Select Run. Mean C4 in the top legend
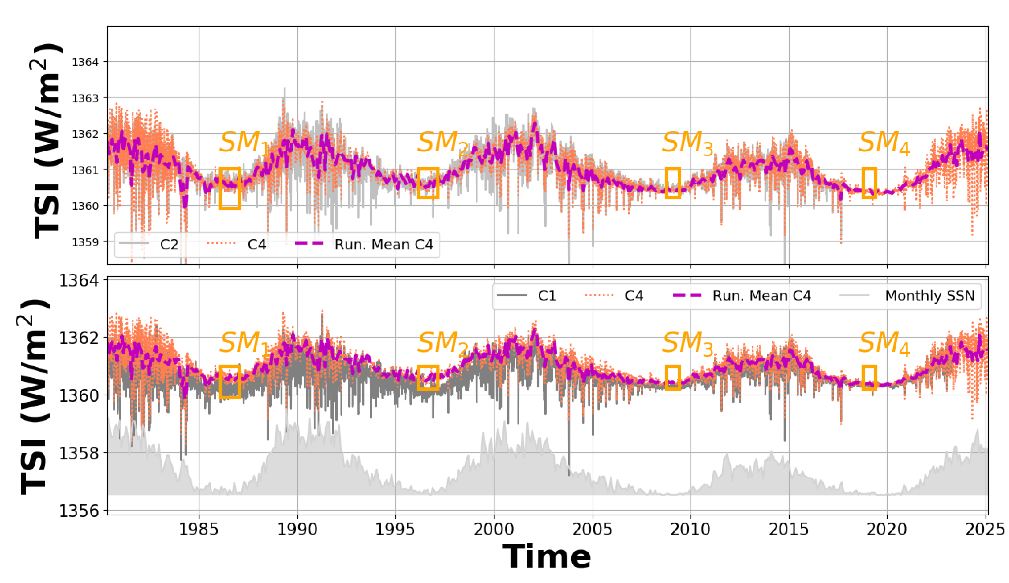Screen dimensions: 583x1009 [383, 244]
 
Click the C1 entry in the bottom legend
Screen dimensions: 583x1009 [547, 296]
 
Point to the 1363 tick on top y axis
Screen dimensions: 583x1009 [85, 98]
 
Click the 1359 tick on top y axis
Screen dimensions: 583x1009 [85, 242]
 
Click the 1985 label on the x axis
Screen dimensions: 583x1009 [199, 530]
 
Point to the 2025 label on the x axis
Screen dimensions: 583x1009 [985, 530]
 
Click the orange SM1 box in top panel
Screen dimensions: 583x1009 [230, 188]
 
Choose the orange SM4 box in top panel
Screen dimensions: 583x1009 [869, 183]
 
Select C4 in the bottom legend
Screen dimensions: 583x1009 [633, 296]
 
